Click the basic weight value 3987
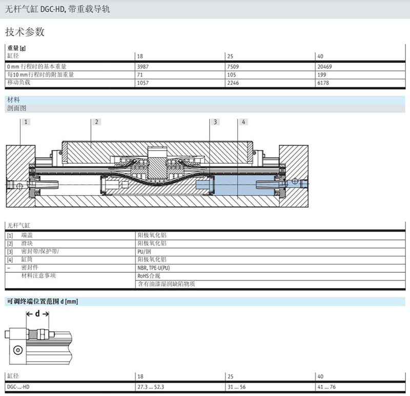[143, 67]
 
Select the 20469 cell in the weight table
[324, 67]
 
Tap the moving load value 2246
[233, 83]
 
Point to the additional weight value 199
[322, 74]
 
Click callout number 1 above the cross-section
[26, 122]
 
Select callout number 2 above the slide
[96, 122]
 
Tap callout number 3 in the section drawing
[215, 122]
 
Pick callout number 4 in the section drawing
[243, 122]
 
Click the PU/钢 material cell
[144, 252]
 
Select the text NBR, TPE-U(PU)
[153, 268]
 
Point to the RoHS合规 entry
[149, 276]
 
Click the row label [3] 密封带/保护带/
[33, 252]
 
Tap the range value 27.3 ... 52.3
[151, 387]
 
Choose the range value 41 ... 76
[326, 387]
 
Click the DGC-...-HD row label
[18, 387]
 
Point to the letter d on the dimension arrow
[37, 313]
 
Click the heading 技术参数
[25, 32]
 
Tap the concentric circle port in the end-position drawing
[18, 350]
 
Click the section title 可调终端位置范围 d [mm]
[43, 301]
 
